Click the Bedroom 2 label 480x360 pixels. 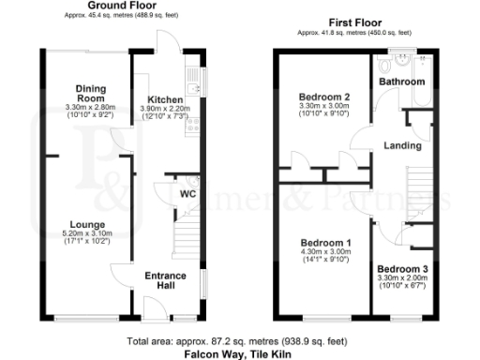(x=324, y=97)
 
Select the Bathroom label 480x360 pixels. (x=401, y=82)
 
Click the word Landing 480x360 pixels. (x=403, y=146)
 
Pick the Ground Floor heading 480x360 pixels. (x=121, y=6)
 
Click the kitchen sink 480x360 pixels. (x=193, y=90)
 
